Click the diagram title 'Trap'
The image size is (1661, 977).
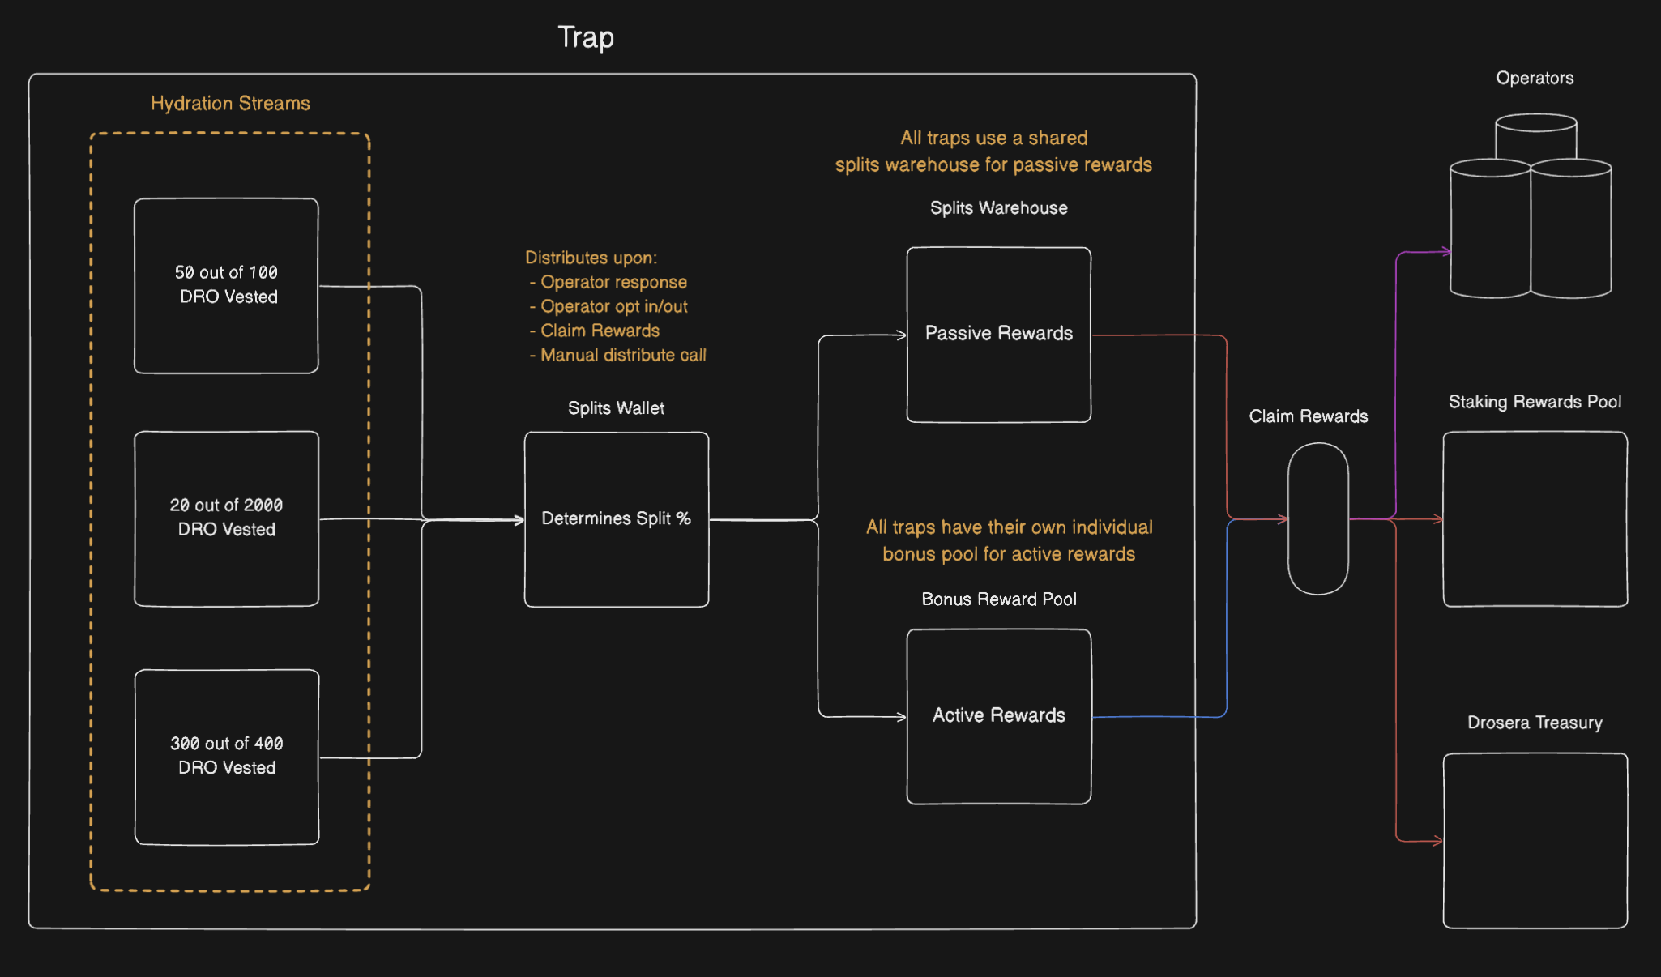coord(586,37)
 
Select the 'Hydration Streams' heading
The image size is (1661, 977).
coord(230,104)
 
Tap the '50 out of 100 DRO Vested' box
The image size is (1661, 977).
coord(226,285)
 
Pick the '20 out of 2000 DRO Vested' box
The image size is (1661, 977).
coord(226,518)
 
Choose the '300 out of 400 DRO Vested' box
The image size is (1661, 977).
coord(227,756)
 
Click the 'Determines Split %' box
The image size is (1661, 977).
coord(616,518)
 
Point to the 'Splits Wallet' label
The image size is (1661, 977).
coord(616,408)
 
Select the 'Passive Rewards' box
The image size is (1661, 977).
coord(998,334)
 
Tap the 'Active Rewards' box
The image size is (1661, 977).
coord(998,715)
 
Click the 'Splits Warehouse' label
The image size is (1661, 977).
coord(998,208)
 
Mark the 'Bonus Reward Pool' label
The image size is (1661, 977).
coord(998,599)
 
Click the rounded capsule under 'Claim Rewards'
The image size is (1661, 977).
coord(1317,518)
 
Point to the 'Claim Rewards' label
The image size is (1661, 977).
coord(1308,416)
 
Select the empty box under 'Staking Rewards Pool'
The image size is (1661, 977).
coord(1535,518)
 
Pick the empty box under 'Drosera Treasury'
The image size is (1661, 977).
coord(1535,840)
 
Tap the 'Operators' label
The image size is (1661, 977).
coord(1535,79)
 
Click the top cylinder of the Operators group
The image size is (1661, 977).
coord(1535,134)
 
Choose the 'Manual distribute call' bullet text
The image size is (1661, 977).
coord(622,355)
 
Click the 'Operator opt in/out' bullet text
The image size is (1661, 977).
coord(613,306)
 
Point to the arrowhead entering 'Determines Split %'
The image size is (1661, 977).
coord(519,519)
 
